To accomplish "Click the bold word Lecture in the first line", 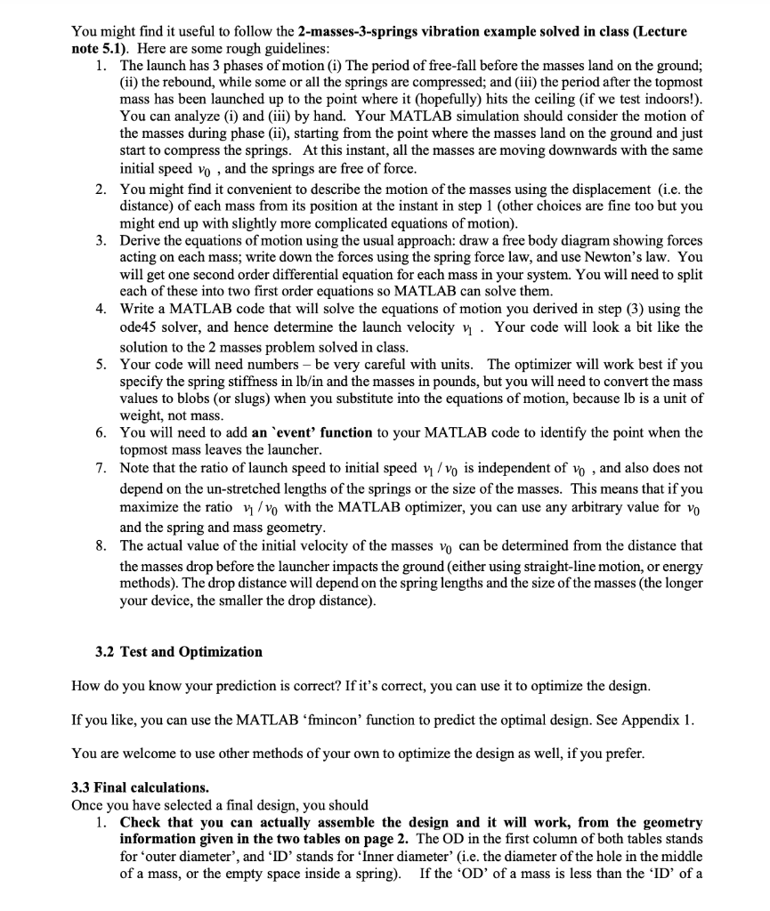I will pyautogui.click(x=662, y=31).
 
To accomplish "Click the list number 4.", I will pyautogui.click(x=101, y=309).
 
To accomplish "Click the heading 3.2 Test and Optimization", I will pyautogui.click(x=179, y=651).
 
